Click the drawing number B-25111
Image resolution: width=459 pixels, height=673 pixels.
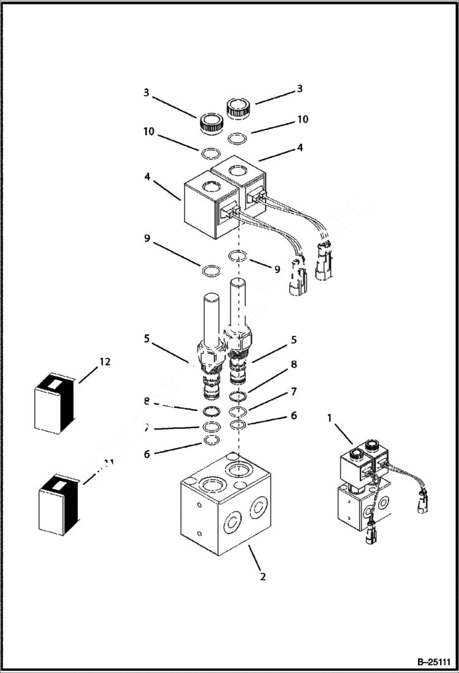tap(433, 662)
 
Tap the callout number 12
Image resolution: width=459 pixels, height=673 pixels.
tap(105, 362)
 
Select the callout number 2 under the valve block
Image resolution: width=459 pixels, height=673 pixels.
tap(264, 577)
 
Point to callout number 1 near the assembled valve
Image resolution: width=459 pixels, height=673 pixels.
tap(330, 418)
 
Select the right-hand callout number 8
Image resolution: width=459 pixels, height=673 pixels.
tap(294, 364)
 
